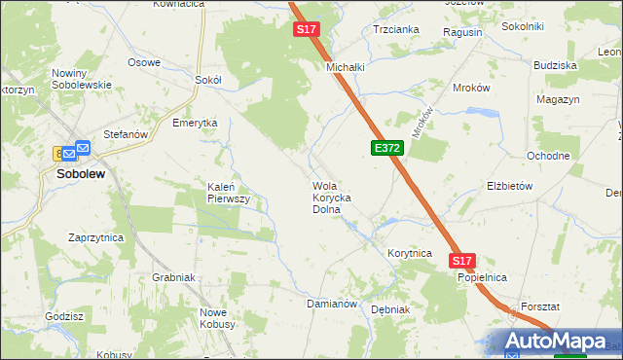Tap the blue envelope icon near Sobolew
coord(82,148)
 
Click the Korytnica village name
coord(409,253)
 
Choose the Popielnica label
coord(483,277)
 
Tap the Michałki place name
coord(345,67)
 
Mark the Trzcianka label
coord(396,29)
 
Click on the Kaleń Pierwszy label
coord(229,192)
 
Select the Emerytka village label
coord(194,124)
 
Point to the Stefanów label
coord(125,135)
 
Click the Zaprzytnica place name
coord(95,237)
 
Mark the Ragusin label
coord(461,32)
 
